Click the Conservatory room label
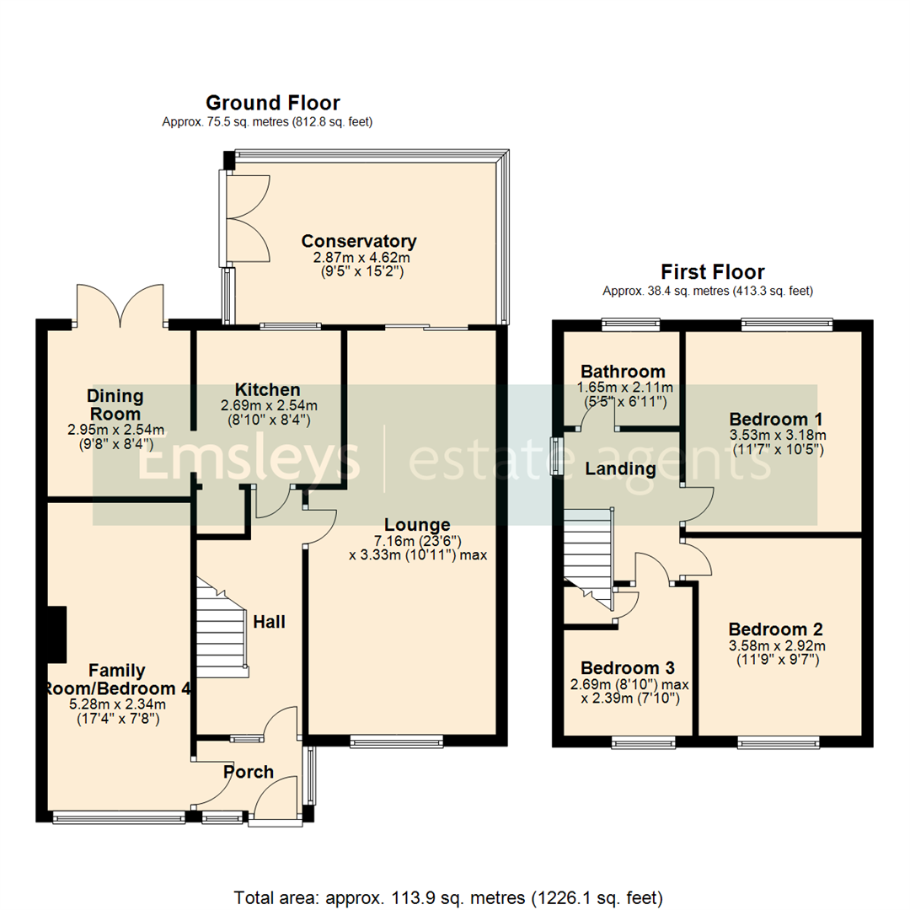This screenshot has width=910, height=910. pyautogui.click(x=359, y=241)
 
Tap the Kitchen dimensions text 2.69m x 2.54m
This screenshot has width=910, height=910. pyautogui.click(x=268, y=404)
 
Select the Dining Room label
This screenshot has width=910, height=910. pyautogui.click(x=115, y=404)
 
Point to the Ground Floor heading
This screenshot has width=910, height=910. pyautogui.click(x=273, y=103)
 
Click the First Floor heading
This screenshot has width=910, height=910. pyautogui.click(x=712, y=271)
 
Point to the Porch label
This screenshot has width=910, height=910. pyautogui.click(x=249, y=772)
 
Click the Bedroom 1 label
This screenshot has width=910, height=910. pyautogui.click(x=776, y=419)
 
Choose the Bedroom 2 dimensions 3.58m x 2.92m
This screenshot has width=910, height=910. pyautogui.click(x=776, y=645)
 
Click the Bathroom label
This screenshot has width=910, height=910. pyautogui.click(x=623, y=371)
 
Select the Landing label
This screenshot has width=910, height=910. pyautogui.click(x=622, y=468)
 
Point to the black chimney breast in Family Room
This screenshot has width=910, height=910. pyautogui.click(x=56, y=634)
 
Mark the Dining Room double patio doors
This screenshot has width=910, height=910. pyautogui.click(x=120, y=306)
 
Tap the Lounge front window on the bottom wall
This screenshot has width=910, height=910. pyautogui.click(x=396, y=741)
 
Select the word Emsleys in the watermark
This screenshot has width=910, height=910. pyautogui.click(x=249, y=459)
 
